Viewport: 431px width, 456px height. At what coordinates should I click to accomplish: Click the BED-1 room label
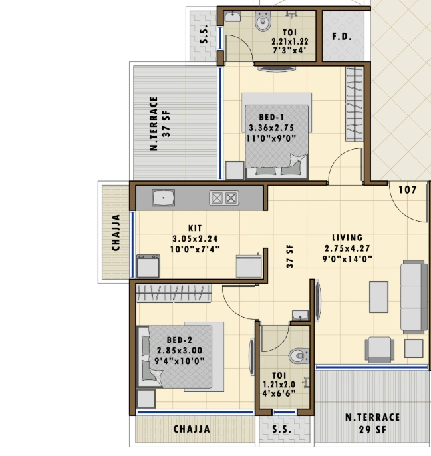point(271,117)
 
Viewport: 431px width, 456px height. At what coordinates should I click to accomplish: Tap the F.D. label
point(342,37)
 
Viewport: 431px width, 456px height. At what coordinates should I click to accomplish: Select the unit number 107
point(408,190)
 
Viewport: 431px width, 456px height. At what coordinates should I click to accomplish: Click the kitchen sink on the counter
point(164,198)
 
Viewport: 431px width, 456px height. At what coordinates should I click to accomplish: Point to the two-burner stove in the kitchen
point(223,198)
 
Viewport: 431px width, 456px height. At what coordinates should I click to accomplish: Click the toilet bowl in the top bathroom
point(263,21)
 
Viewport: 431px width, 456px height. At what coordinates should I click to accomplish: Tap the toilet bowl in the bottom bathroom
point(299,355)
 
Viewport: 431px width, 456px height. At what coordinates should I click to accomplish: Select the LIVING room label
point(347,238)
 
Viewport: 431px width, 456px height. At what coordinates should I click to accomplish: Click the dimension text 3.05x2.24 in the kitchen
point(195,239)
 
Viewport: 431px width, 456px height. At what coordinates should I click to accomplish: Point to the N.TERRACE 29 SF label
point(372,423)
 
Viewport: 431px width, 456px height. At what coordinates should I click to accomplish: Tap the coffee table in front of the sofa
point(378,297)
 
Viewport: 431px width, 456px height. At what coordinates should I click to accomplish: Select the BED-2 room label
point(180,340)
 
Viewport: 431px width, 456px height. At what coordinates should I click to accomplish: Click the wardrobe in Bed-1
point(355,104)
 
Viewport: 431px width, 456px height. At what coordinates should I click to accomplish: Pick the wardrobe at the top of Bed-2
point(174,293)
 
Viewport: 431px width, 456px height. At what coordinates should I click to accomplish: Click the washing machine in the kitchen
point(148,266)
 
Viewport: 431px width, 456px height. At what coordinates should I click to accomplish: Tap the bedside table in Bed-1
point(235,170)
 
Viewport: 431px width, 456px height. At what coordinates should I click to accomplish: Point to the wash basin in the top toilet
point(233,16)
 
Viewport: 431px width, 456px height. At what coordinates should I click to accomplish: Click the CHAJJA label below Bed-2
point(192,429)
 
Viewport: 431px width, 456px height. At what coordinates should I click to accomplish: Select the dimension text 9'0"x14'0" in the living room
point(347,259)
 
